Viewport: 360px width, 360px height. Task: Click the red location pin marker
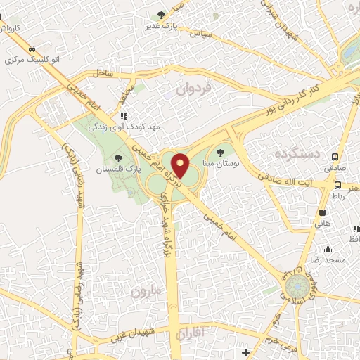180,166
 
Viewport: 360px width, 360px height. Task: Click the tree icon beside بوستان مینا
221,151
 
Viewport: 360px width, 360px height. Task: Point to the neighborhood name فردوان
194,90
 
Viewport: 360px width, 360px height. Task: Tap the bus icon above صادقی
335,157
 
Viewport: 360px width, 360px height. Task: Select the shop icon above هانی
322,212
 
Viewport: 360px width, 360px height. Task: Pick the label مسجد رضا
328,261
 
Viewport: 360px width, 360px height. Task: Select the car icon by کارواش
32,49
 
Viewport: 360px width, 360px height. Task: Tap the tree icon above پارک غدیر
162,15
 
